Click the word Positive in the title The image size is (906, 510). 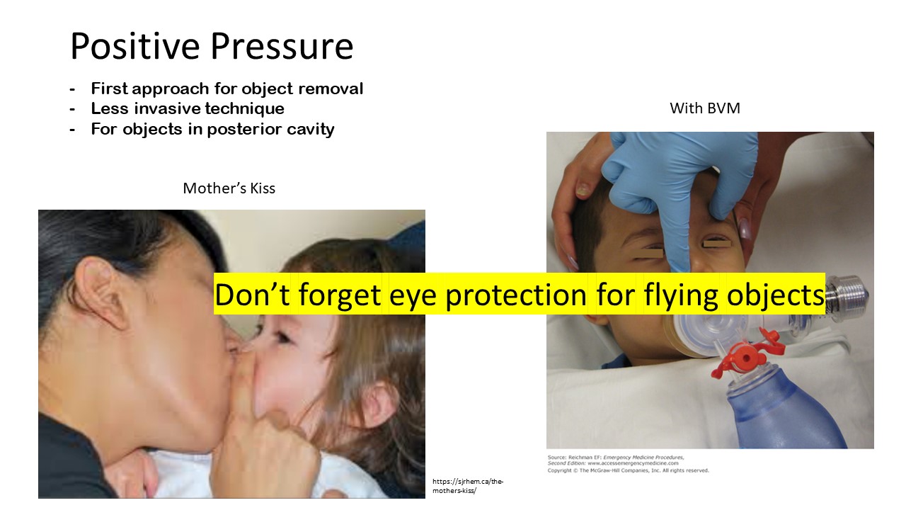[135, 46]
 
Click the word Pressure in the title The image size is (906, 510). [282, 46]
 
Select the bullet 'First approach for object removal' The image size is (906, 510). [227, 89]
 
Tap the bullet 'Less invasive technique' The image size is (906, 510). [188, 108]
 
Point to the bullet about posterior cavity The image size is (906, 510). [213, 130]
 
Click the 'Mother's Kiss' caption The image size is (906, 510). [229, 188]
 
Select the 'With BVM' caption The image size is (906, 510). [705, 108]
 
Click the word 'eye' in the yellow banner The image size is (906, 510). [413, 295]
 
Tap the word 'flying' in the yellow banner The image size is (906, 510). [681, 295]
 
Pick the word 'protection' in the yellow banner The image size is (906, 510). [516, 295]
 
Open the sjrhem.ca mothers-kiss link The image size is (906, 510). [468, 486]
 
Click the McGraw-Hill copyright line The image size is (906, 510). [628, 470]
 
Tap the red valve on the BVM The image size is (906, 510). [747, 354]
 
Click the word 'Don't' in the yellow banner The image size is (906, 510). [252, 295]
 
